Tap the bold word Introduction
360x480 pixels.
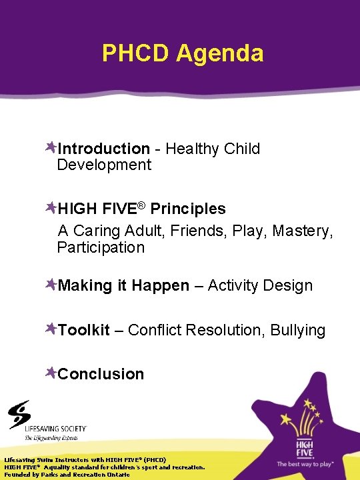pyautogui.click(x=103, y=149)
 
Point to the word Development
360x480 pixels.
pyautogui.click(x=104, y=165)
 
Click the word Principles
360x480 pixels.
pyautogui.click(x=188, y=209)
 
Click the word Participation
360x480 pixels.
pyautogui.click(x=101, y=247)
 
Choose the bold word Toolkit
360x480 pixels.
pyautogui.click(x=83, y=330)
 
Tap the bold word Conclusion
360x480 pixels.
pyautogui.click(x=101, y=374)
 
